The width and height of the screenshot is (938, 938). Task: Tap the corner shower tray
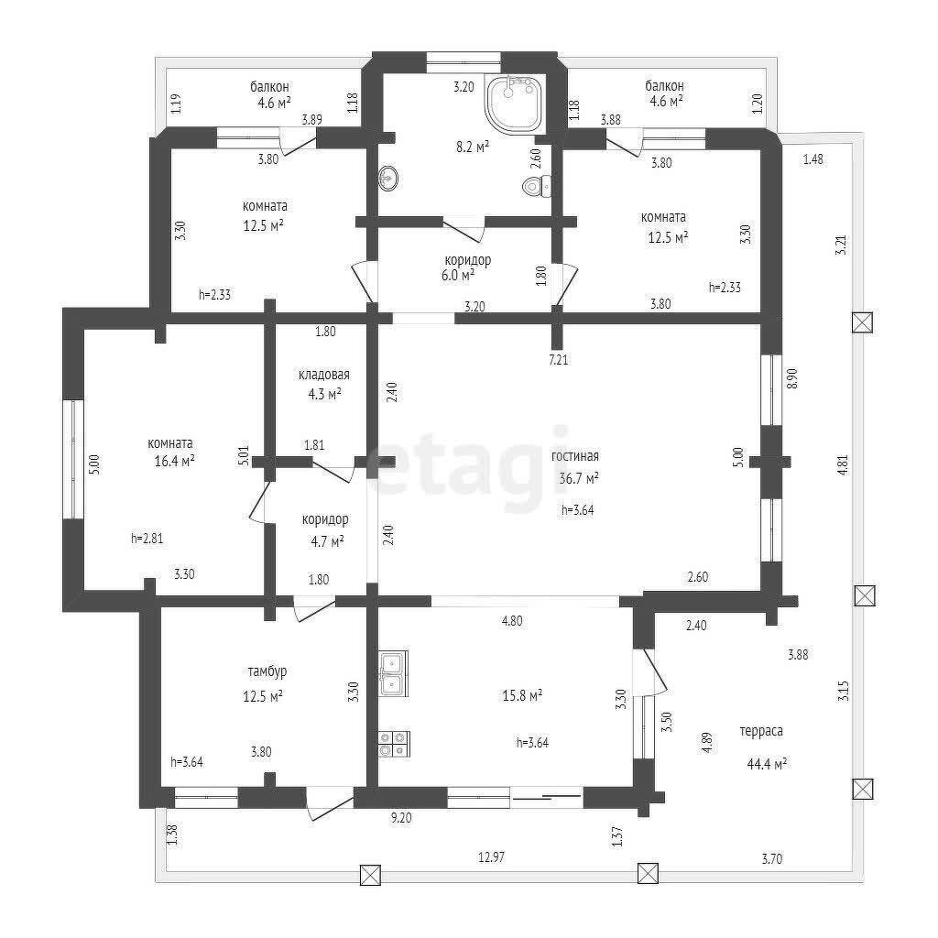coord(515,104)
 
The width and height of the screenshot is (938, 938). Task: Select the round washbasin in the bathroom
coord(387,178)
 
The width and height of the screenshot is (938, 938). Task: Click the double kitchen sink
coord(393,673)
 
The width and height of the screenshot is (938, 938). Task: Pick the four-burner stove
coord(394,744)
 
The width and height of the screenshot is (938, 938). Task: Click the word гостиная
coord(575,456)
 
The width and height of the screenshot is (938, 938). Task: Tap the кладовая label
coord(324,375)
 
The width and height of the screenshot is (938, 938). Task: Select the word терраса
coord(761,731)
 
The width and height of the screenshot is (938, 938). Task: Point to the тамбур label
coord(267,671)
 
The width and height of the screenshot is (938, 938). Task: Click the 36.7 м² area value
coord(579,478)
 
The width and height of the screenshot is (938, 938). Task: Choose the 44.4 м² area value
coord(767,763)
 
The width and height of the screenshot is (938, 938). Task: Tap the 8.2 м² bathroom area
coord(473,146)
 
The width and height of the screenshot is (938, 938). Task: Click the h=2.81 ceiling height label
coord(147,538)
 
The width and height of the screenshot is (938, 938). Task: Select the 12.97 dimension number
coord(491,856)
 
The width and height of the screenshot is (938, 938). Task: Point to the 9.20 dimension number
coord(401,817)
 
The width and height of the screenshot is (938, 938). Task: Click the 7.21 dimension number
coord(558,359)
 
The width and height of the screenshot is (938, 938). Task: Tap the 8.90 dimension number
coord(792,378)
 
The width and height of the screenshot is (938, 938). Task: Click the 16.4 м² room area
coord(174,462)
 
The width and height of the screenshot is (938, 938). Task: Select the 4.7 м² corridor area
coord(327,541)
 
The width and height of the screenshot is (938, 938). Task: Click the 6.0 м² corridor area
coord(458,275)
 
